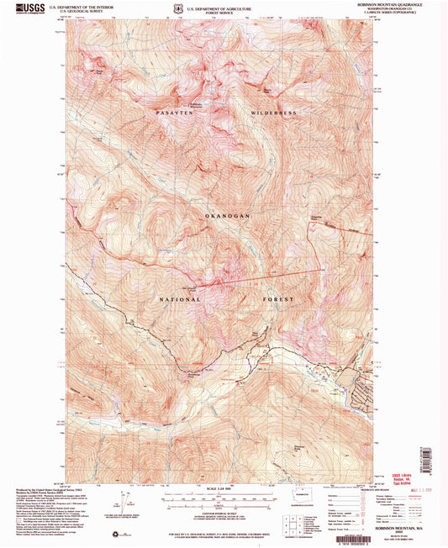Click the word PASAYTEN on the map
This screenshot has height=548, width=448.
(x=175, y=112)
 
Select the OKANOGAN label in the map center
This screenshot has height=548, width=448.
(x=224, y=216)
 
